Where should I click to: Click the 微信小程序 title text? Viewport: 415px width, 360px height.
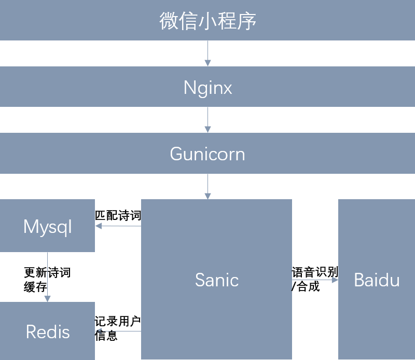pyautogui.click(x=208, y=21)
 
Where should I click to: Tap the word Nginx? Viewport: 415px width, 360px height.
pyautogui.click(x=208, y=88)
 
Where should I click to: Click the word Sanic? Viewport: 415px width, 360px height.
pyautogui.click(x=217, y=280)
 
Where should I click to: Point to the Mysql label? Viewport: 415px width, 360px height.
pyautogui.click(x=47, y=227)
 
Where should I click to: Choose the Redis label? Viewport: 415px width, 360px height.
pyautogui.click(x=48, y=331)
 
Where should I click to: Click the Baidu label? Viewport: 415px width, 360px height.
pyautogui.click(x=377, y=280)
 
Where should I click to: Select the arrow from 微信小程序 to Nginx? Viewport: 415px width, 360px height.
pyautogui.click(x=208, y=53)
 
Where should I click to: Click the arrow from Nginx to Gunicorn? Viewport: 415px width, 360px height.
pyautogui.click(x=208, y=120)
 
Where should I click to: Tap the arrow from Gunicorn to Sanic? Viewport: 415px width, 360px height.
pyautogui.click(x=208, y=186)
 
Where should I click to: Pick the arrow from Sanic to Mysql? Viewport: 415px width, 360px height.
pyautogui.click(x=118, y=226)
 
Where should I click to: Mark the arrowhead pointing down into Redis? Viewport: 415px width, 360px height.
pyautogui.click(x=47, y=299)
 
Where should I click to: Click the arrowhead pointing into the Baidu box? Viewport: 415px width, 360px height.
pyautogui.click(x=335, y=280)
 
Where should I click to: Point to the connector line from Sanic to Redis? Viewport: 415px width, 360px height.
pyautogui.click(x=118, y=331)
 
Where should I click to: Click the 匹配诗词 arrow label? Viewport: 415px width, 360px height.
pyautogui.click(x=118, y=215)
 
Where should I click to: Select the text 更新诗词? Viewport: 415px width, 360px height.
pyautogui.click(x=47, y=272)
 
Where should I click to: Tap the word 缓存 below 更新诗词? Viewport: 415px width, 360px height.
pyautogui.click(x=35, y=287)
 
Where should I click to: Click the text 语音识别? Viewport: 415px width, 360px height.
pyautogui.click(x=315, y=272)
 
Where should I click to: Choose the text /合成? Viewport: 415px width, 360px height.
pyautogui.click(x=306, y=286)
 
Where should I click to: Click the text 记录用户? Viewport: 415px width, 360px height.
pyautogui.click(x=118, y=321)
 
